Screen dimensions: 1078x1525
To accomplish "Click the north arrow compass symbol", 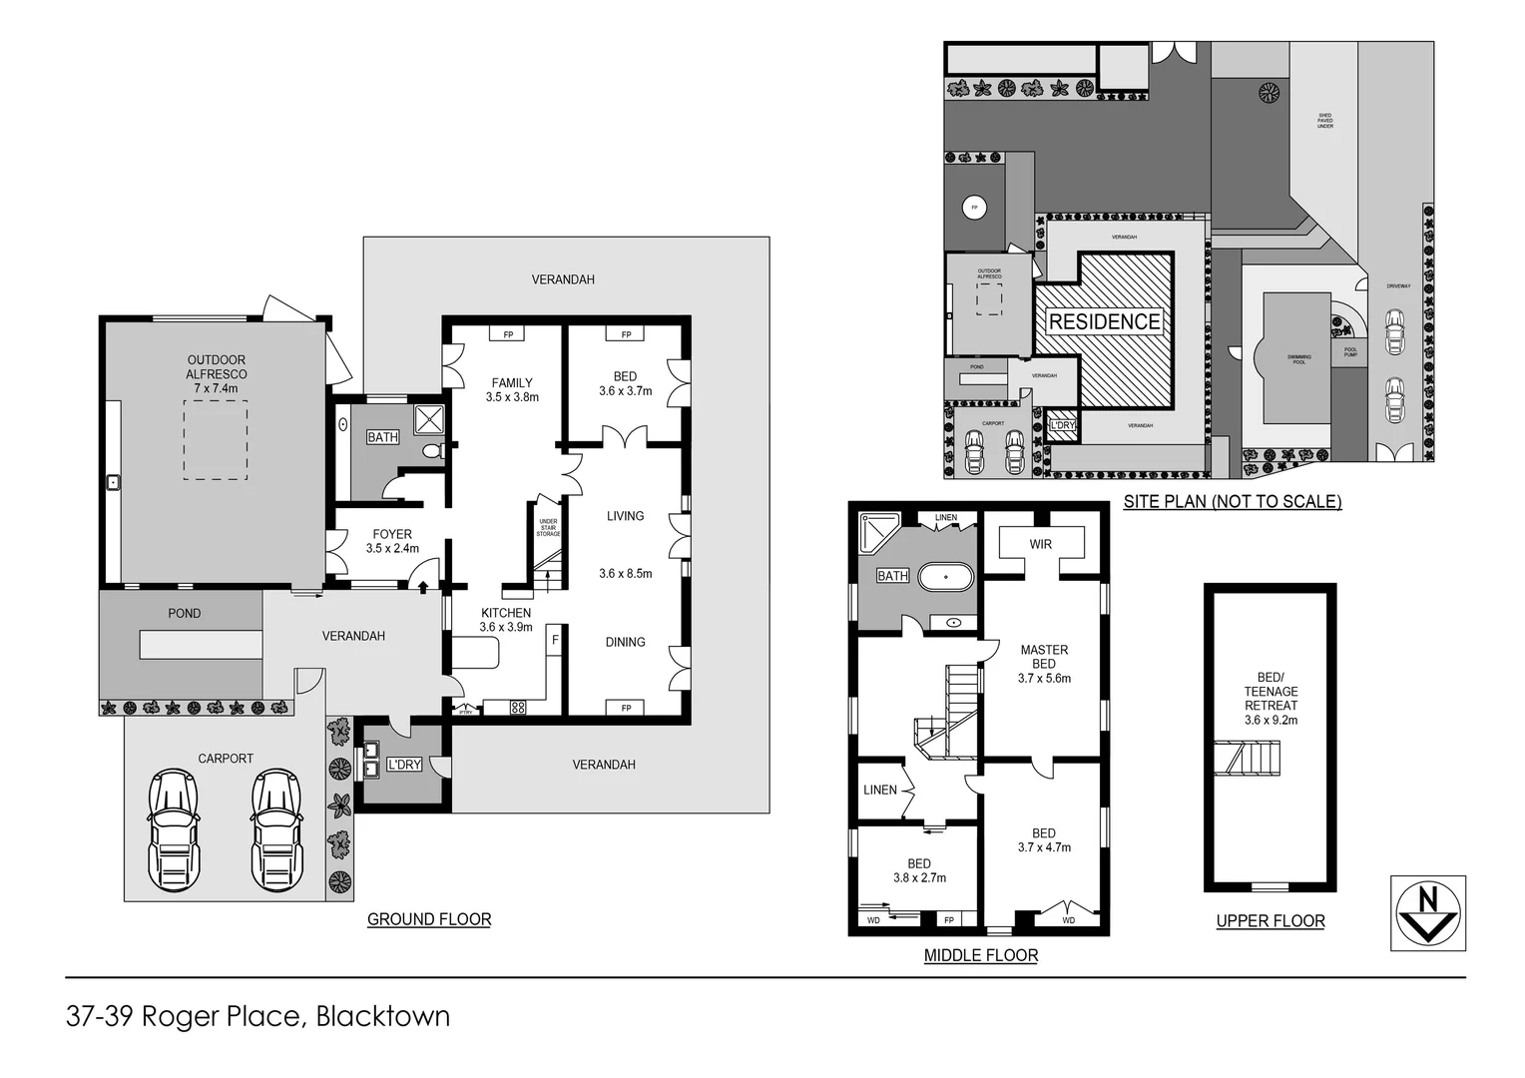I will pos(1428,913).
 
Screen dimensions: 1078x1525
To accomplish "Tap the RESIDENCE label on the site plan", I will pos(1104,321).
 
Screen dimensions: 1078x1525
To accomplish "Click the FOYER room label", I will pos(392,534).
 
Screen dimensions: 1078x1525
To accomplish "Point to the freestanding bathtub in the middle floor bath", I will pos(944,578).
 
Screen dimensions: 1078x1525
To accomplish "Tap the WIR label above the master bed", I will pos(1042,544).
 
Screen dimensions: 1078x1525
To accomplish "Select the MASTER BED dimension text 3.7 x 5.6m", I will pos(1044,678).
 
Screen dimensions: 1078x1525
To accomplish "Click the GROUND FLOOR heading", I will pos(429,919).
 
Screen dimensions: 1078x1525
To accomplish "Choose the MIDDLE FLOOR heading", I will pos(980,955).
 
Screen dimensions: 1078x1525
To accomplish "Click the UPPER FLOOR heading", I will pos(1270,920).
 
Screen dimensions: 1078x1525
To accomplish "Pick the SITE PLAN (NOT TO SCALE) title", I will pos(1232,501).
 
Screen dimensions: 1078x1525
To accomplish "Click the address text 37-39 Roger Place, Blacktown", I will pos(257,1016).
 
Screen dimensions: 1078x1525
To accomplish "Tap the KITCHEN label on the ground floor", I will pos(506,613).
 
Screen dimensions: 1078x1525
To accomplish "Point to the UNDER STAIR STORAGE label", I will pos(548,528).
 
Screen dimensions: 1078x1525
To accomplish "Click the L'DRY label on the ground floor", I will pos(403,765).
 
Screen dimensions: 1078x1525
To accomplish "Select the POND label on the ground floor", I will pos(184,613).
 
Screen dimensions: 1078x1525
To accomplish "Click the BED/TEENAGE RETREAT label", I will pos(1271,691).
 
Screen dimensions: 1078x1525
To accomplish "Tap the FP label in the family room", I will pos(508,334).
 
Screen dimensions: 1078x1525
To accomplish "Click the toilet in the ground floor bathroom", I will pos(432,452).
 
